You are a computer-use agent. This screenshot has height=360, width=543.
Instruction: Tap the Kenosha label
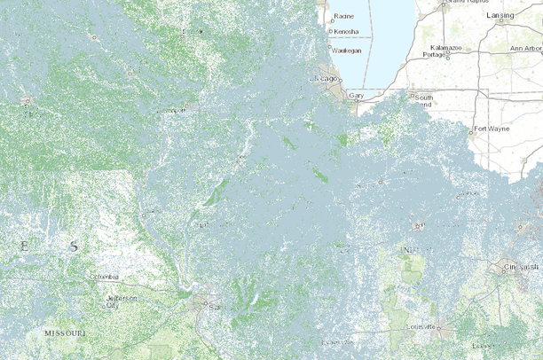pyautogui.click(x=347, y=32)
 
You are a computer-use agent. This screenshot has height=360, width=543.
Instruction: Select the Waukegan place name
pyautogui.click(x=348, y=51)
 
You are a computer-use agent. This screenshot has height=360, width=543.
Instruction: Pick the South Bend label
pyautogui.click(x=424, y=100)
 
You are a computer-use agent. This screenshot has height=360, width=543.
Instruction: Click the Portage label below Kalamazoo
pyautogui.click(x=434, y=54)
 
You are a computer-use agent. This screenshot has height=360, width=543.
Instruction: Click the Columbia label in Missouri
pyautogui.click(x=104, y=278)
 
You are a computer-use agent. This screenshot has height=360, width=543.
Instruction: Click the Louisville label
pyautogui.click(x=420, y=326)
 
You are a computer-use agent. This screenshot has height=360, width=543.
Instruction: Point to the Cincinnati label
pyautogui.click(x=520, y=266)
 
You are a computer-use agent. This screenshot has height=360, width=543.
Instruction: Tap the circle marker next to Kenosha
pyautogui.click(x=331, y=32)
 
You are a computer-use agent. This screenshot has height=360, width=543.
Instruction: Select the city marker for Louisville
pyautogui.click(x=437, y=328)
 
